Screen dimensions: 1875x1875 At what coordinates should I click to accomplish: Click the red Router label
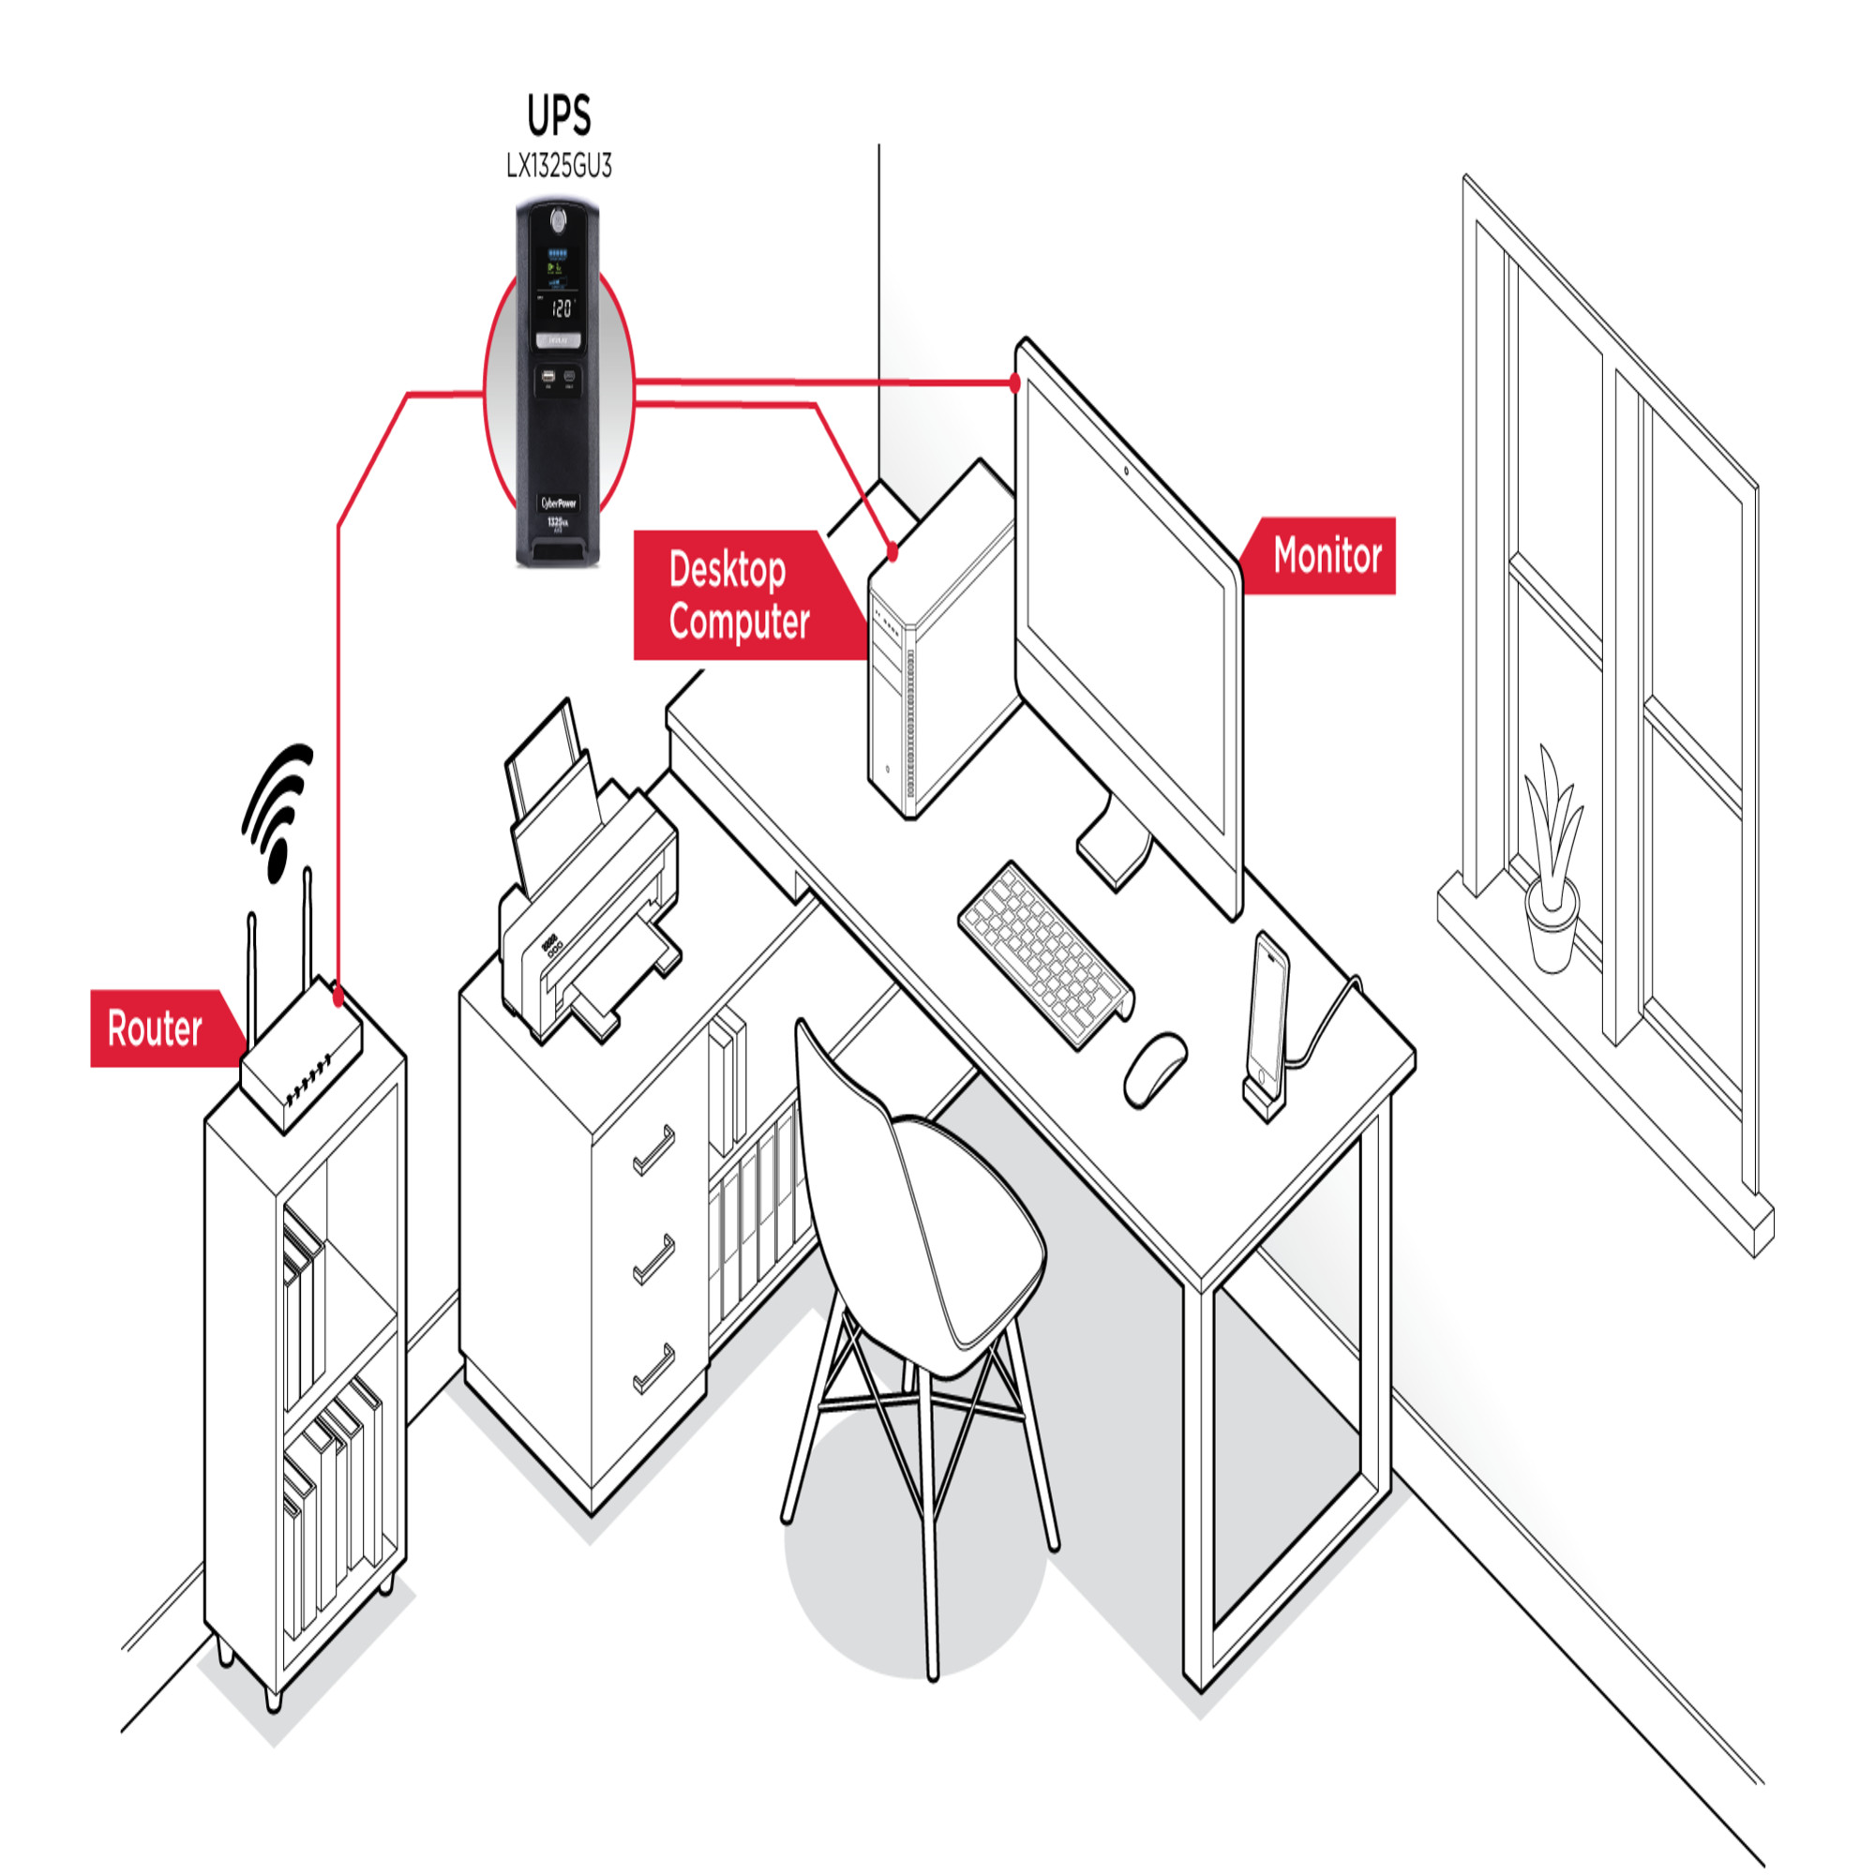[x=156, y=1028]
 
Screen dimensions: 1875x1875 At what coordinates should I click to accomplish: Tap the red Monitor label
[x=1326, y=556]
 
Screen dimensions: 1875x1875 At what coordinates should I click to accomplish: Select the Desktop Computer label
[x=739, y=596]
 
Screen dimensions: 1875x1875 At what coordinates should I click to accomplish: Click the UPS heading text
[x=559, y=116]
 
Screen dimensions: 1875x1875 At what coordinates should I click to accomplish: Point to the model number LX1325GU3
[x=559, y=167]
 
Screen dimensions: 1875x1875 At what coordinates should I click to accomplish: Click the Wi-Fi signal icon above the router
[x=277, y=811]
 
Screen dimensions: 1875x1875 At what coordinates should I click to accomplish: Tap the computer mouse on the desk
[x=1155, y=1069]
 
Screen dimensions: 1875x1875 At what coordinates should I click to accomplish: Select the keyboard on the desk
[x=1046, y=955]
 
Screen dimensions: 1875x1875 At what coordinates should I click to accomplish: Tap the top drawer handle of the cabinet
[x=655, y=1150]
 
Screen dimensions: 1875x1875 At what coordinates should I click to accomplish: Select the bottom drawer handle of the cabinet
[x=655, y=1369]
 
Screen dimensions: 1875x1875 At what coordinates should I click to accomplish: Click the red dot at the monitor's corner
[x=1015, y=383]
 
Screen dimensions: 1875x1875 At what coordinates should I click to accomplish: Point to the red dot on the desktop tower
[x=892, y=554]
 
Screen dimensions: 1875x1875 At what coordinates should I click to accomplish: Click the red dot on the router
[x=337, y=995]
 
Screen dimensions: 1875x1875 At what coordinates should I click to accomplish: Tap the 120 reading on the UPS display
[x=561, y=308]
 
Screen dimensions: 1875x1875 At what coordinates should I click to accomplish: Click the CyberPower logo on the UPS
[x=558, y=502]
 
